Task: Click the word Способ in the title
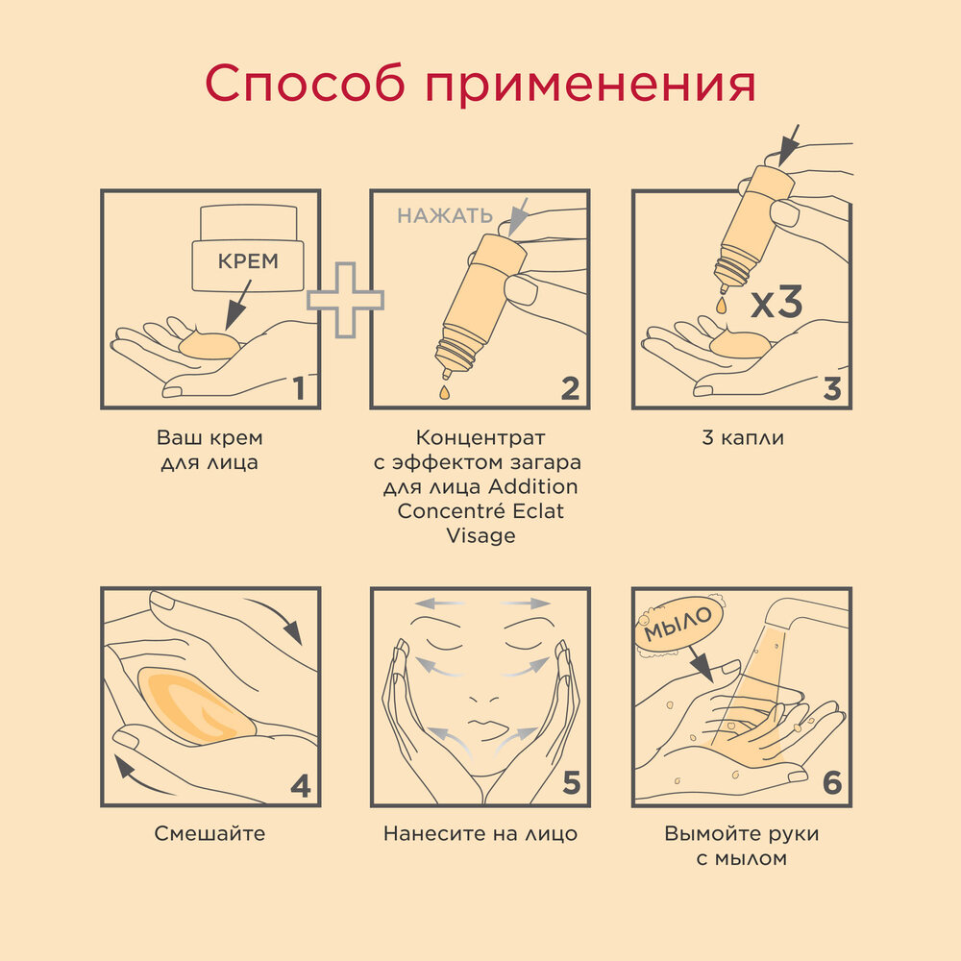click(305, 86)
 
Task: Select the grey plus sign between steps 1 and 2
click(345, 299)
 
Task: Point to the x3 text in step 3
click(776, 304)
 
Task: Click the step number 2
click(569, 388)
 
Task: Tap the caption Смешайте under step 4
click(209, 833)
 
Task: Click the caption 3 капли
click(743, 438)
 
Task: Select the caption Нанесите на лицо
click(480, 833)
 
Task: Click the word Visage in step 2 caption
click(480, 536)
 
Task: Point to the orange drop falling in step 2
click(444, 391)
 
